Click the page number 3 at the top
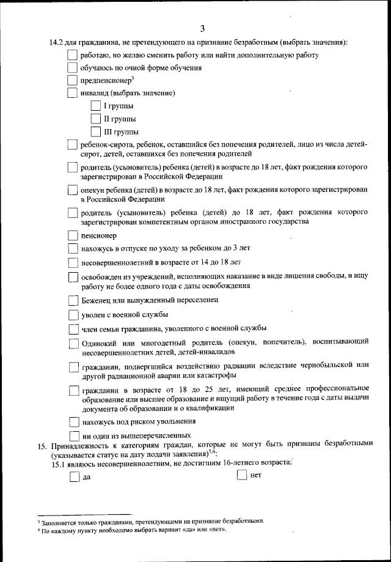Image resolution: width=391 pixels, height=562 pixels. click(202, 28)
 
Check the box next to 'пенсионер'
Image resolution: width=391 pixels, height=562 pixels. click(73, 235)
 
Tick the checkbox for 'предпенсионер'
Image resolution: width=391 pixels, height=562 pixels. click(72, 81)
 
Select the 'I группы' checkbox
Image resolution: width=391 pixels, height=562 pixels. click(95, 106)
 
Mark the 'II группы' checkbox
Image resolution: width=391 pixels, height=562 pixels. click(95, 119)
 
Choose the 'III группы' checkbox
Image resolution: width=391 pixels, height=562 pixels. click(95, 131)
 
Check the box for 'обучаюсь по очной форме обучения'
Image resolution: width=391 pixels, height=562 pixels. click(72, 68)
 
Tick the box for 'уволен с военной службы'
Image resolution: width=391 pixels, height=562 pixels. click(73, 315)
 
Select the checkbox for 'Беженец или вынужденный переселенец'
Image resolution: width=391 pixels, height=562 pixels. click(73, 300)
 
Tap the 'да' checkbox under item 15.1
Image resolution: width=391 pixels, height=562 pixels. click(74, 478)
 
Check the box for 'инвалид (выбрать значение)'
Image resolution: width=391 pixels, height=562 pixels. click(72, 94)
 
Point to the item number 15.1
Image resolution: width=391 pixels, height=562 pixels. click(59, 464)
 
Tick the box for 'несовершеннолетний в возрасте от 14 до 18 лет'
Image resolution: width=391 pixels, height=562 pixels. click(73, 263)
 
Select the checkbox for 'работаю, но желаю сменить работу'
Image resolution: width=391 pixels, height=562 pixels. click(72, 56)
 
